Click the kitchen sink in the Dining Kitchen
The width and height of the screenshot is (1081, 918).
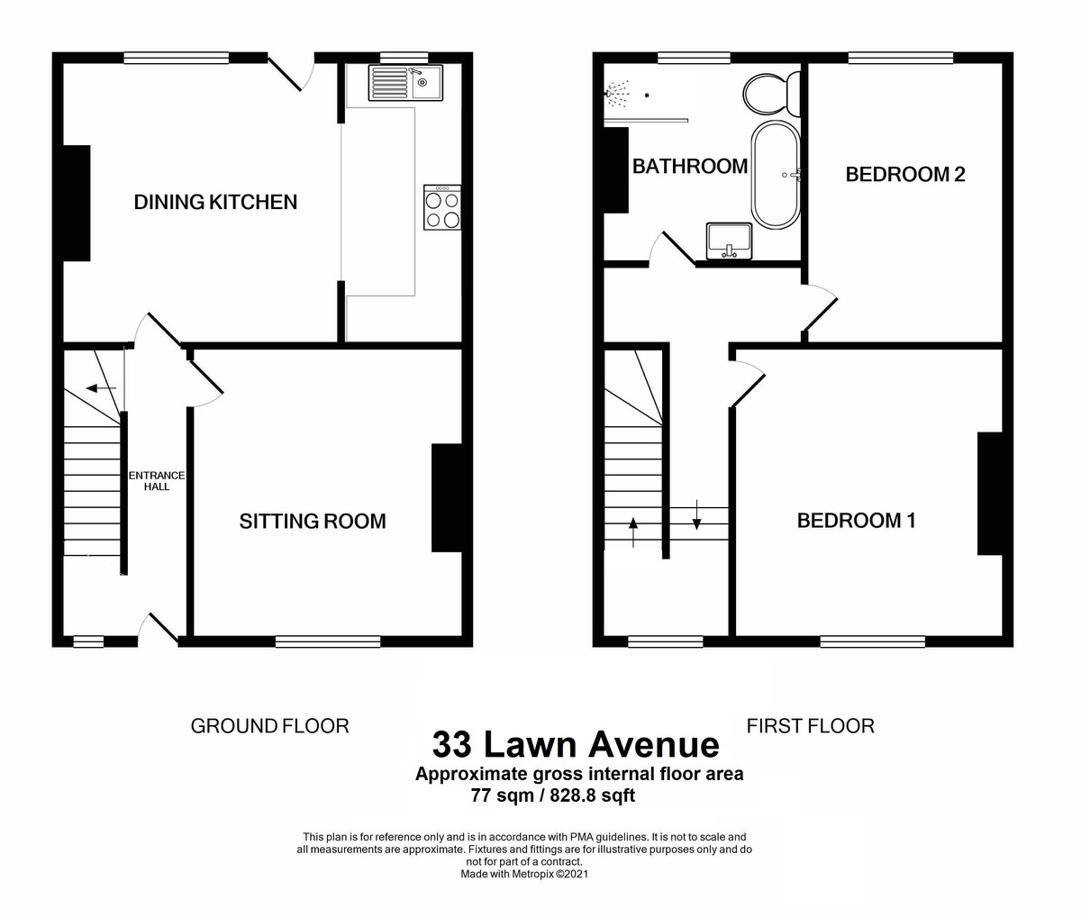coord(404,83)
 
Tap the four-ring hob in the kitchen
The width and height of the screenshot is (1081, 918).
coord(442,208)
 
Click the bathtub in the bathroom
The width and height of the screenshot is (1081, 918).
coord(775,175)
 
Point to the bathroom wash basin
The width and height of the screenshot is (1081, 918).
coord(730,240)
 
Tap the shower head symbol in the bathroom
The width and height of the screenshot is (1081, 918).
coord(617,92)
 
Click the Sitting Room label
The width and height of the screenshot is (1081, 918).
coord(312,521)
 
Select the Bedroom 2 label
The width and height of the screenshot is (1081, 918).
coord(904,175)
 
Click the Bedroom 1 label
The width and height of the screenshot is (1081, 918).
coord(856,520)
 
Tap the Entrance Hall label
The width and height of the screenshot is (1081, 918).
coord(157,481)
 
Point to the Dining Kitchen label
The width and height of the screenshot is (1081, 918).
coord(215,202)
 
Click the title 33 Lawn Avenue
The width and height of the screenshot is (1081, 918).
coord(576,745)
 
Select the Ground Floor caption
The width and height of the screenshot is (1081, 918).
coord(269,726)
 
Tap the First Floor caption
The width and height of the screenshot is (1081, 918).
coord(810,726)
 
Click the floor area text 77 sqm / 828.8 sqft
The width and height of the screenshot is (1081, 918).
coord(552,795)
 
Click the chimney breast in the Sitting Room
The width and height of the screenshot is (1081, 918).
coord(447,497)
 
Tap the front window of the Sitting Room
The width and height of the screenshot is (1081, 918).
coord(328,642)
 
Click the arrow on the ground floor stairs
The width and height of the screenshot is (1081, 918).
coord(101,388)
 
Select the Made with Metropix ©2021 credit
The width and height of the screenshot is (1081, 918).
coord(524,874)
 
